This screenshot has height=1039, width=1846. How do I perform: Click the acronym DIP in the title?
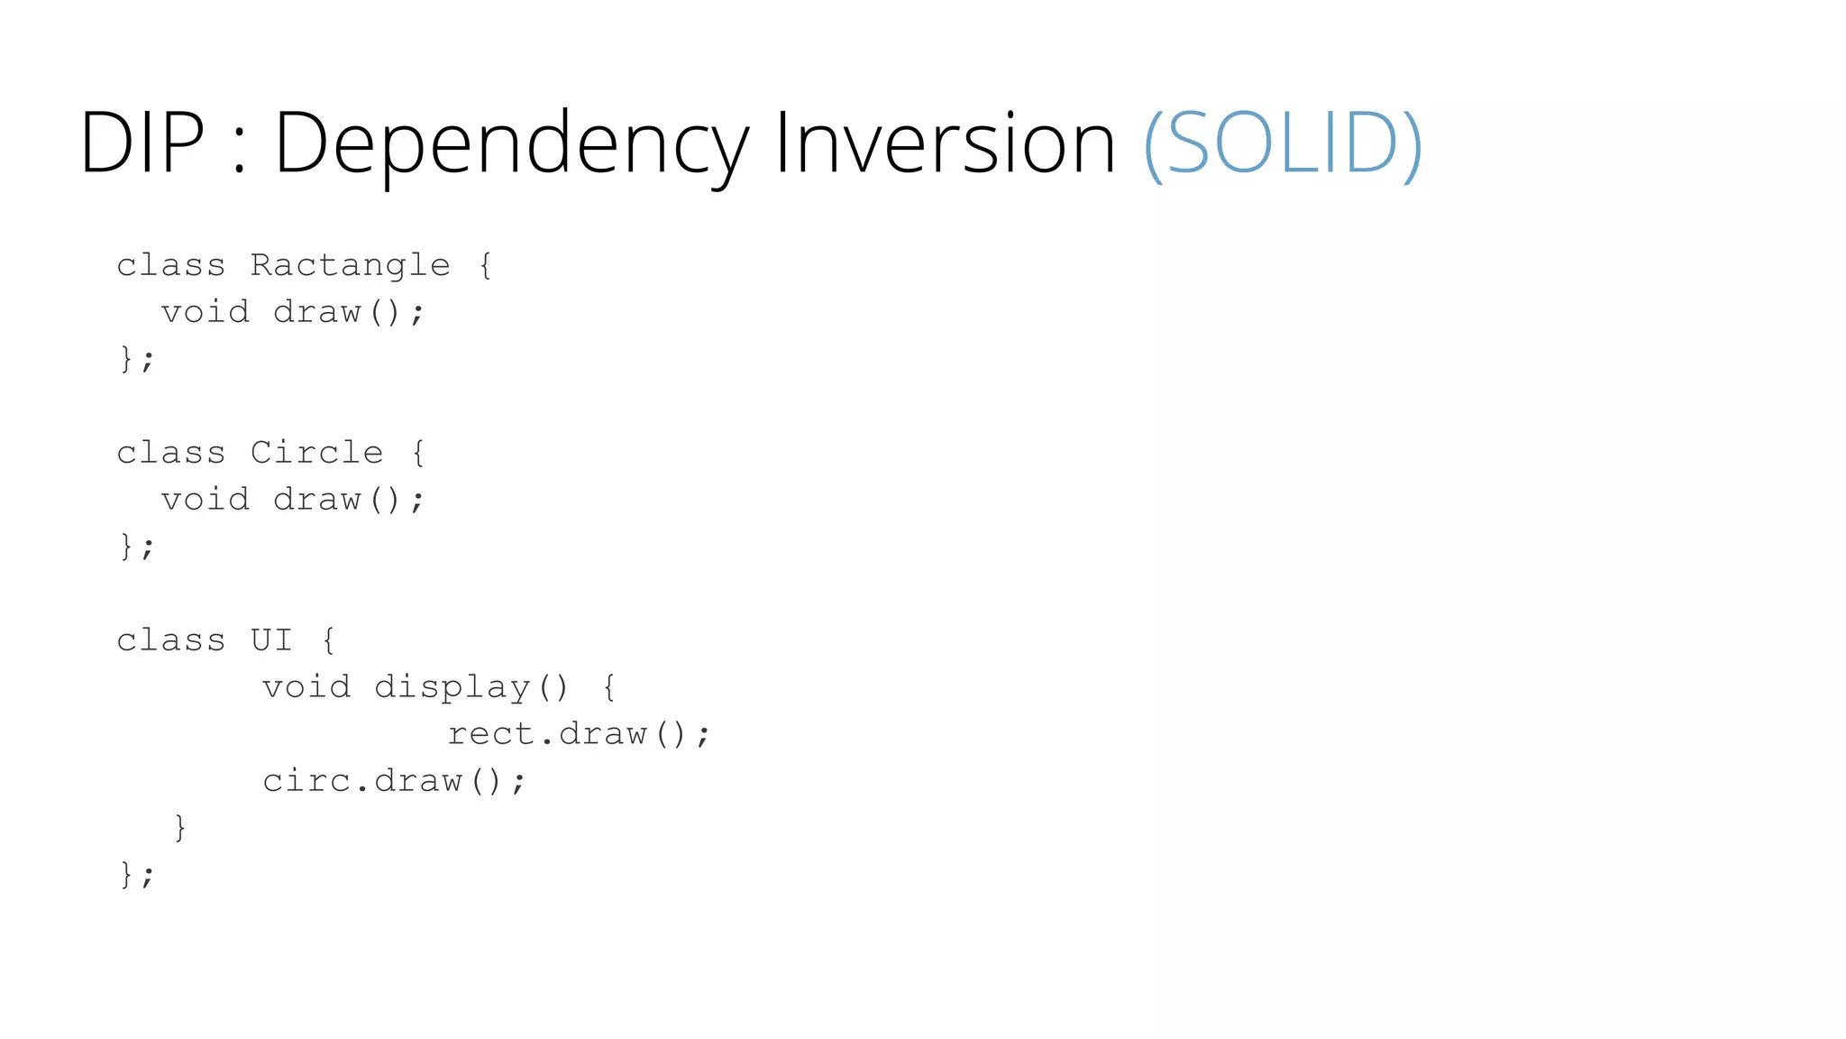(142, 143)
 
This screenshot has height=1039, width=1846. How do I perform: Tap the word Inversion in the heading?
(945, 143)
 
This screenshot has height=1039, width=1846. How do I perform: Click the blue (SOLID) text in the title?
(1282, 143)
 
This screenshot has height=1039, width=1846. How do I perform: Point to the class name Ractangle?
(350, 265)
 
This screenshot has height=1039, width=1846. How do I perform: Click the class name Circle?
(316, 453)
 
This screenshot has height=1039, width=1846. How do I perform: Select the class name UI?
(271, 640)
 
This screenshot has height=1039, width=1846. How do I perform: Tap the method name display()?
(471, 687)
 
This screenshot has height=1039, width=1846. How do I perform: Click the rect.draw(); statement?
(579, 734)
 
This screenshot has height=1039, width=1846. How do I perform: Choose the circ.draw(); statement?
(394, 781)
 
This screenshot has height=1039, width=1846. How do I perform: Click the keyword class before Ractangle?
(170, 265)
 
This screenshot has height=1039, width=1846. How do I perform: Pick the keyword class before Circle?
(170, 453)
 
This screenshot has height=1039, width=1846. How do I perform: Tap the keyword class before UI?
(170, 640)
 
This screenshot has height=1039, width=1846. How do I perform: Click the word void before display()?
(306, 687)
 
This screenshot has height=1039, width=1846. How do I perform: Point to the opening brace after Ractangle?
(485, 265)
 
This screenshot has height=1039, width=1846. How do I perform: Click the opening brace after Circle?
(418, 453)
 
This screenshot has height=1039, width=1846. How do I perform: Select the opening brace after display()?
(609, 687)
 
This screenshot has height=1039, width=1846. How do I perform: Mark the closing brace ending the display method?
(180, 827)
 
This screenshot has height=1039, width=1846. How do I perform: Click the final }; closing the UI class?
(137, 874)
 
